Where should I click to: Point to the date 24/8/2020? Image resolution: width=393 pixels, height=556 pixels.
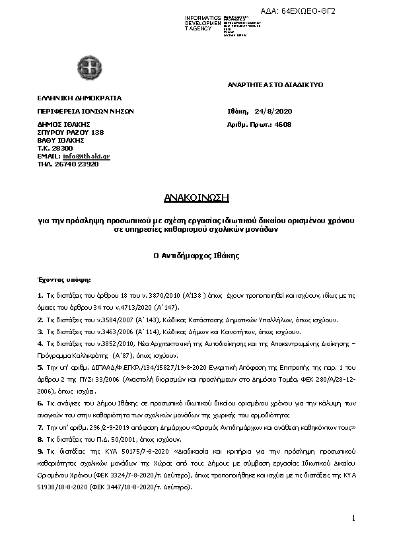coord(286,111)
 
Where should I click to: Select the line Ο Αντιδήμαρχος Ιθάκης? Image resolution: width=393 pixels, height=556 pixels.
coord(196,254)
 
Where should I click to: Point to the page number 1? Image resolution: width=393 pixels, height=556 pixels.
coord(353,518)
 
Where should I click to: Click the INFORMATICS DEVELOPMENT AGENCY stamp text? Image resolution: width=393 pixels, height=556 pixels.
coord(202,23)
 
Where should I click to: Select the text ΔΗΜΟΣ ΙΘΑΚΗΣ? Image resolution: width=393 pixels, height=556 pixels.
coord(63,124)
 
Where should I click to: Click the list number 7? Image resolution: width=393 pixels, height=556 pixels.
coord(40,427)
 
